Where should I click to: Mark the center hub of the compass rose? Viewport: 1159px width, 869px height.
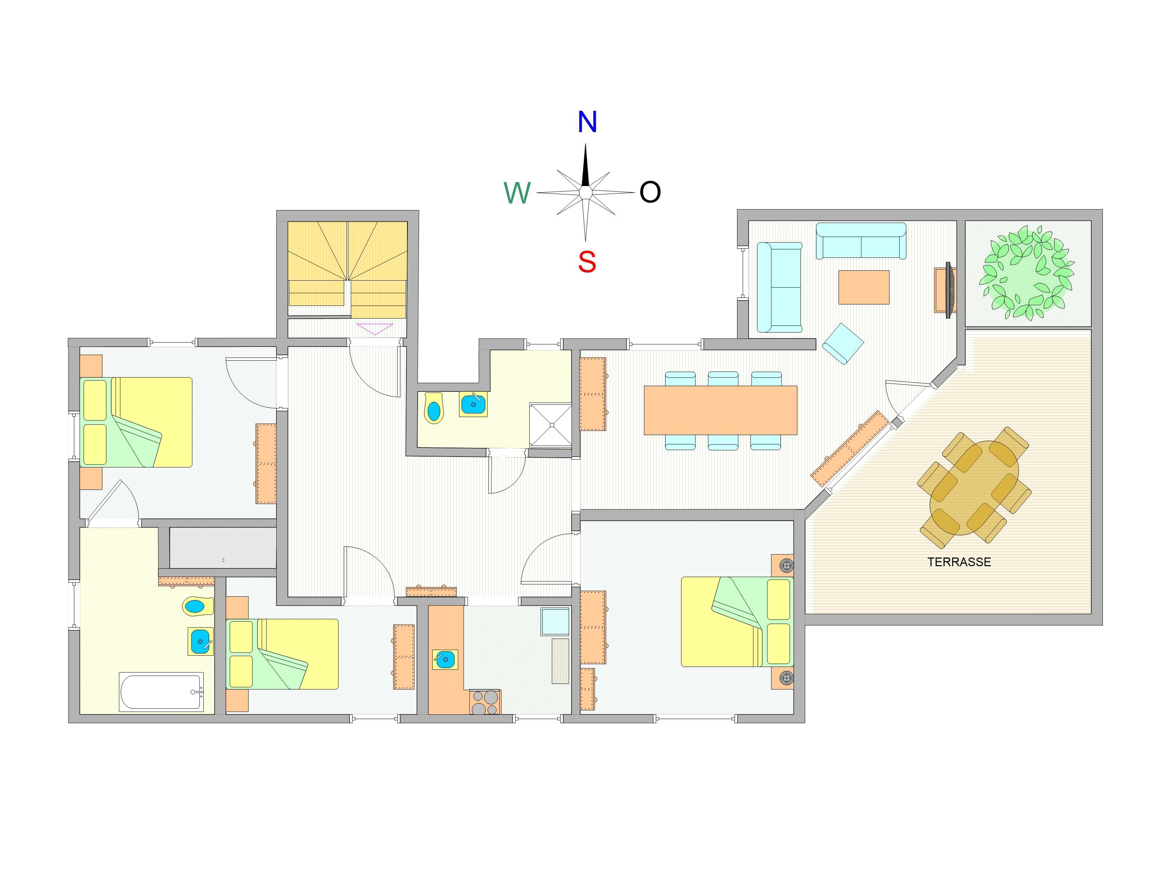point(586,193)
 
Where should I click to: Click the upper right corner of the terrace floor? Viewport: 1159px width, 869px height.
point(1091,330)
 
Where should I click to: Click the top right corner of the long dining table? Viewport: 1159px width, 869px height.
point(797,386)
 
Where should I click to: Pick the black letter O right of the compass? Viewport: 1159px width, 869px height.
point(650,192)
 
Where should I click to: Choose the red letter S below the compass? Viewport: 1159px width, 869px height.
point(587,261)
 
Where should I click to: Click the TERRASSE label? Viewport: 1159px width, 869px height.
point(959,562)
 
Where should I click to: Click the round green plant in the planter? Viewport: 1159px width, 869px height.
point(1028,273)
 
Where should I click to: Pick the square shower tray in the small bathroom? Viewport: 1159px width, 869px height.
point(550,424)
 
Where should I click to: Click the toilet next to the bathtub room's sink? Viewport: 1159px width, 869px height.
point(197,606)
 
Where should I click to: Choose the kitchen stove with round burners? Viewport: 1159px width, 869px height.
point(485,702)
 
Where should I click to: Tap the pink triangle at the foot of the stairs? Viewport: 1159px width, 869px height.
point(375,329)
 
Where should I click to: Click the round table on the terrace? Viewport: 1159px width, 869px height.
point(974,488)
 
